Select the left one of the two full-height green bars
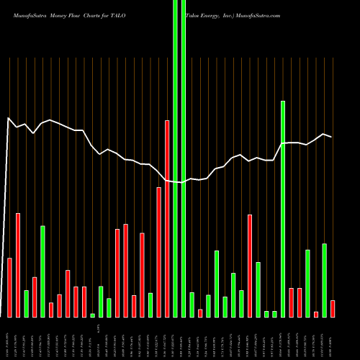pyautogui.click(x=176, y=158)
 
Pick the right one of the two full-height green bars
pyautogui.click(x=184, y=158)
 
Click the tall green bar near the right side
pyautogui.click(x=283, y=209)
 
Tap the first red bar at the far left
pyautogui.click(x=9, y=287)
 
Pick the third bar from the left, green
pyautogui.click(x=26, y=303)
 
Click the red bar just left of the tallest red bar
pyautogui.click(x=158, y=252)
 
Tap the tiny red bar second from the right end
pyautogui.click(x=316, y=314)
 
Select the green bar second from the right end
pyautogui.click(x=325, y=280)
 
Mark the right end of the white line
pyautogui.click(x=331, y=137)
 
